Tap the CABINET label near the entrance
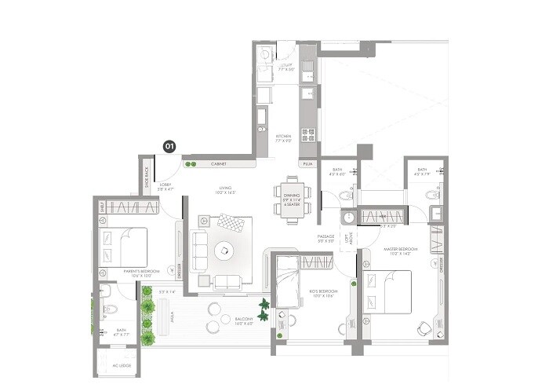click(x=219, y=164)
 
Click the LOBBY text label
click(x=165, y=187)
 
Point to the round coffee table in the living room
click(x=224, y=251)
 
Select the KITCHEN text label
click(x=283, y=138)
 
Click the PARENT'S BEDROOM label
click(x=141, y=272)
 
